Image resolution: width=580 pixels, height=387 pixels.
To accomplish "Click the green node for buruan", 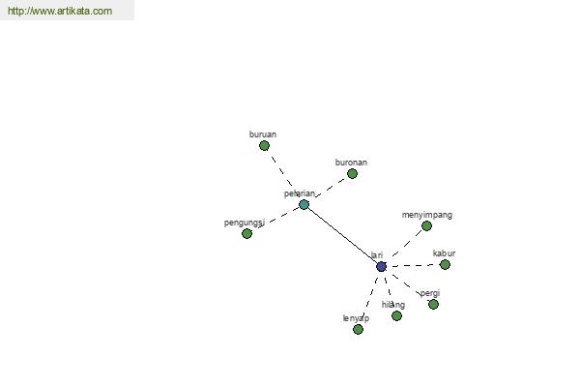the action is coord(264,146).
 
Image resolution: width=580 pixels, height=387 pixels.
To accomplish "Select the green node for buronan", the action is coord(352,174).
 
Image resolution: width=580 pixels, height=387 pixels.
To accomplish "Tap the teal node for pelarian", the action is coord(304,205).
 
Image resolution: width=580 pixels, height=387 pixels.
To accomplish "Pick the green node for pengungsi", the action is coord(246,234).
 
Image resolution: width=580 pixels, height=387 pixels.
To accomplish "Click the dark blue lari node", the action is coord(382,267).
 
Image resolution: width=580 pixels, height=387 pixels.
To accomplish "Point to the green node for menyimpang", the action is coord(426,225).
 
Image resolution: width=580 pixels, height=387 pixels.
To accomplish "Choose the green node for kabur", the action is coord(445,265).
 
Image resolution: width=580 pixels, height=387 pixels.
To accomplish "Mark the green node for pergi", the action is coord(433,305).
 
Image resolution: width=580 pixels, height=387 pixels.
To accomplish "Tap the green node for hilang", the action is coord(396,316).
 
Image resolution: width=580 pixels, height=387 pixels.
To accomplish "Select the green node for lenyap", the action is coord(358,329).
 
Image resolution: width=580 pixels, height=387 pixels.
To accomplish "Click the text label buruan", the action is coord(263,134).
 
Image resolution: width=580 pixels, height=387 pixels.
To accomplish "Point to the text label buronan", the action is coord(351,163).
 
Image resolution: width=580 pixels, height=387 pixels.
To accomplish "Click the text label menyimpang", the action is coord(427,215).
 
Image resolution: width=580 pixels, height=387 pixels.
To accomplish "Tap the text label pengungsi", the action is coord(245,223).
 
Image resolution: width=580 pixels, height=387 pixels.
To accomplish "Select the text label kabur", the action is coord(444,253).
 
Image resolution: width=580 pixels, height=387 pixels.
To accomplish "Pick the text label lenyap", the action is coord(356,318).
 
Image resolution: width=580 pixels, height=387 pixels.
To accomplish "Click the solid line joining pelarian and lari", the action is coord(342,235).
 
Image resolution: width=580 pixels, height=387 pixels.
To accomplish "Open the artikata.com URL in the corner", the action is coord(60,11).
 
